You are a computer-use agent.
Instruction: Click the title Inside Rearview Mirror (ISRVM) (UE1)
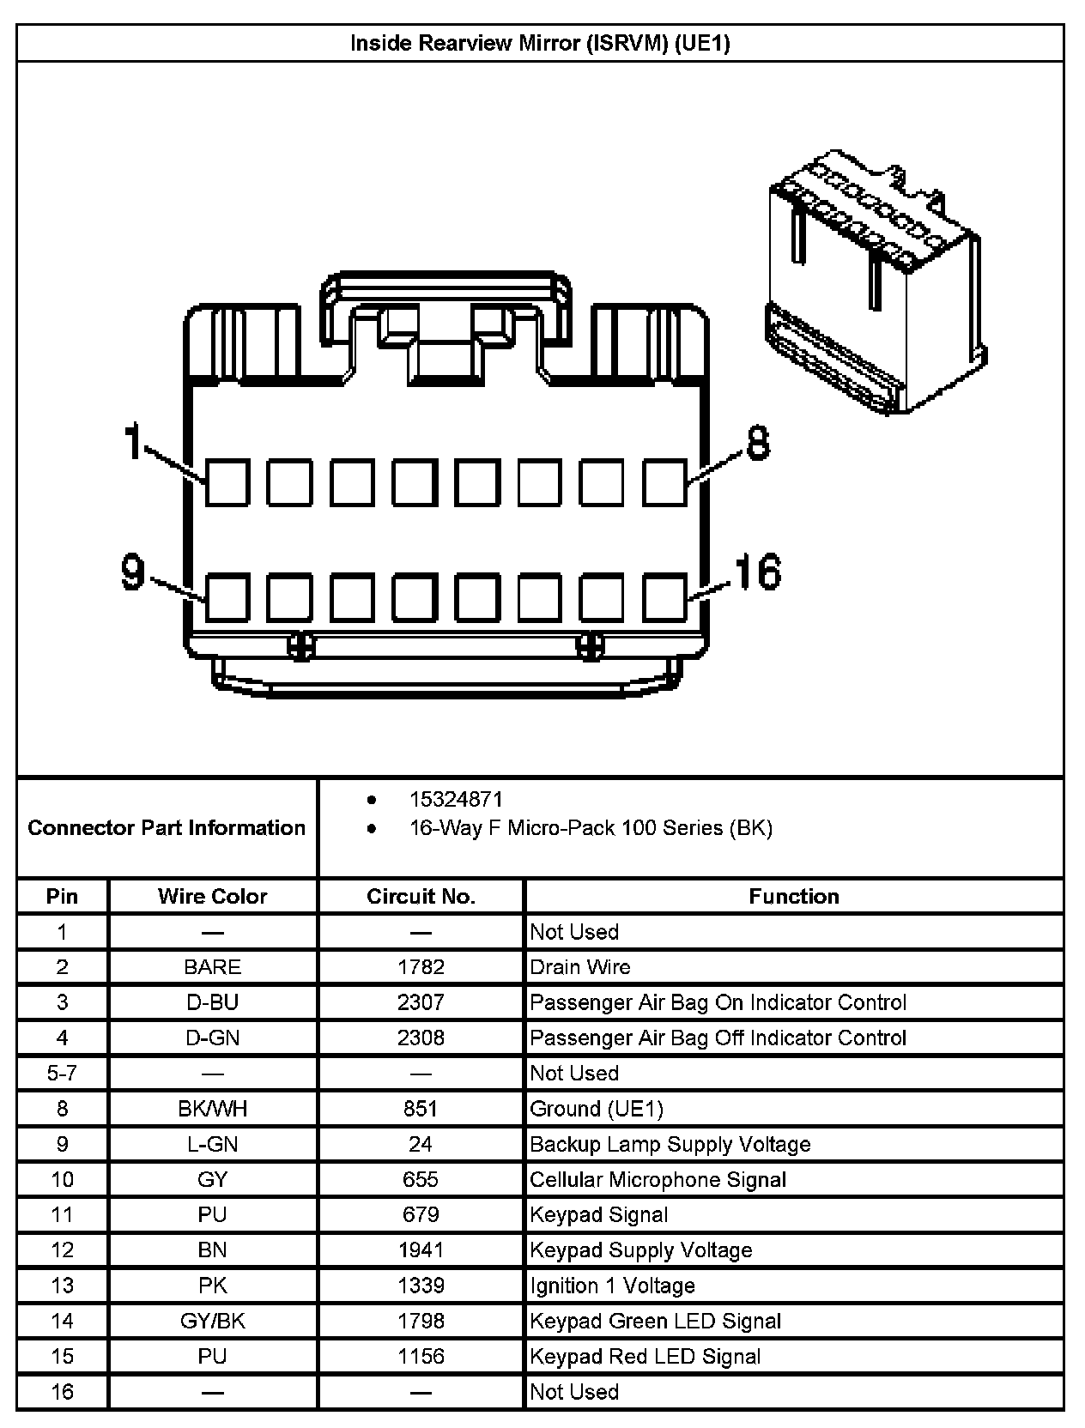pyautogui.click(x=540, y=43)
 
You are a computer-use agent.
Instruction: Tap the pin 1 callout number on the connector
pyautogui.click(x=132, y=442)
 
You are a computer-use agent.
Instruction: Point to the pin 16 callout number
pyautogui.click(x=757, y=572)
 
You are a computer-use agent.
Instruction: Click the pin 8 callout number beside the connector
pyautogui.click(x=757, y=444)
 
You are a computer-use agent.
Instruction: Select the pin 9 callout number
pyautogui.click(x=133, y=572)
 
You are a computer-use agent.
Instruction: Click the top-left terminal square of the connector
pyautogui.click(x=227, y=482)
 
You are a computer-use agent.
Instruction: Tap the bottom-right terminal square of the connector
pyautogui.click(x=665, y=597)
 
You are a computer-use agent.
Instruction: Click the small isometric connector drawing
pyautogui.click(x=875, y=282)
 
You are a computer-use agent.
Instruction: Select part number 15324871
pyautogui.click(x=456, y=800)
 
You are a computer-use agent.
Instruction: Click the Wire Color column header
pyautogui.click(x=212, y=897)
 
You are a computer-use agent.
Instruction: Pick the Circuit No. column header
pyautogui.click(x=421, y=897)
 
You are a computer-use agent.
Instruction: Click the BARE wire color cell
pyautogui.click(x=212, y=967)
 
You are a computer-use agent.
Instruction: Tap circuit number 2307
pyautogui.click(x=421, y=1002)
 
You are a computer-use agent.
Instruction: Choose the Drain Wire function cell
pyautogui.click(x=580, y=967)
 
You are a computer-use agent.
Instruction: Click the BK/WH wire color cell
pyautogui.click(x=212, y=1109)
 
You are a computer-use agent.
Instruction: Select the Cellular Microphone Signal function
pyautogui.click(x=658, y=1179)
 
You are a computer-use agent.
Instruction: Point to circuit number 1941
pyautogui.click(x=421, y=1249)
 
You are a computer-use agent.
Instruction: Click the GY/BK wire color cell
pyautogui.click(x=212, y=1321)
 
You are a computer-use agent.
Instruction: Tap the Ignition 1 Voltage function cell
pyautogui.click(x=612, y=1286)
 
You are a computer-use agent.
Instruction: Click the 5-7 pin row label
pyautogui.click(x=62, y=1074)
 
